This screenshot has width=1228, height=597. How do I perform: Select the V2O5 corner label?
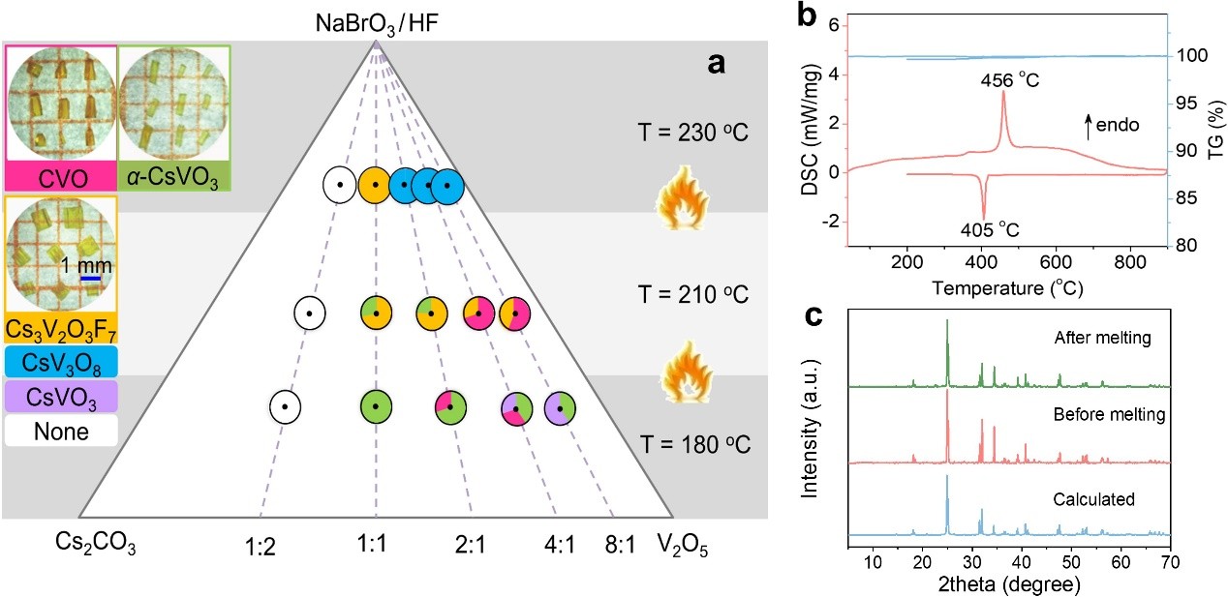(683, 548)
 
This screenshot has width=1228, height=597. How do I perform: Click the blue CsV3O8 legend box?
(61, 363)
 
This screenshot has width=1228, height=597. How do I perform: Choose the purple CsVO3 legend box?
(61, 396)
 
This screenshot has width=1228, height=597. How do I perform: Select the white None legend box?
(61, 431)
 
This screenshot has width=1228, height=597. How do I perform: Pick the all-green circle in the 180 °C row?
(375, 407)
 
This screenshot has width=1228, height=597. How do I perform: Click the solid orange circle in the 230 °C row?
(374, 184)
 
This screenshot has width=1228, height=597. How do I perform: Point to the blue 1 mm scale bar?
(91, 280)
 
